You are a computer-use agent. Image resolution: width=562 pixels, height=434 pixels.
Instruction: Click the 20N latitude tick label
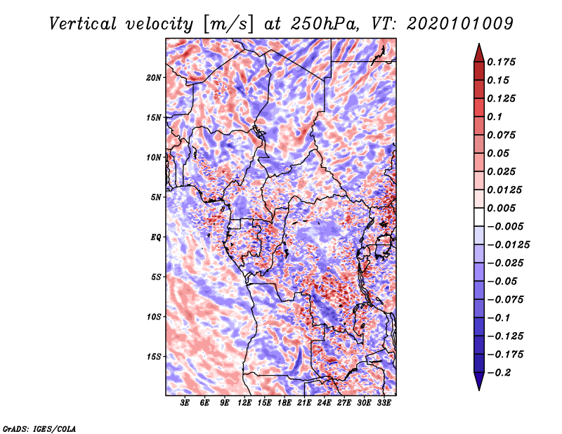pyautogui.click(x=154, y=78)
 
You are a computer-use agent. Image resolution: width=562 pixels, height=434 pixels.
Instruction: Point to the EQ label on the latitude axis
pyautogui.click(x=156, y=237)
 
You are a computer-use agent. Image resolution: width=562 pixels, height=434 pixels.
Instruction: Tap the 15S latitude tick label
pyautogui.click(x=154, y=357)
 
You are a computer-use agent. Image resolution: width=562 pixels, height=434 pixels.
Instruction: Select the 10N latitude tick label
pyautogui.click(x=154, y=157)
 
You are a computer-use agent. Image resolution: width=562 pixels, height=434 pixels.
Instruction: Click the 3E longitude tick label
pyautogui.click(x=185, y=403)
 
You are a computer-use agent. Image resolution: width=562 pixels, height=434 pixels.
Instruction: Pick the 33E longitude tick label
pyautogui.click(x=384, y=403)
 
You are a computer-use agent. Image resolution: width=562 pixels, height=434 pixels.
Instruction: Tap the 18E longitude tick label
pyautogui.click(x=285, y=403)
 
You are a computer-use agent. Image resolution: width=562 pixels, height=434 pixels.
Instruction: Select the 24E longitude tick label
pyautogui.click(x=324, y=403)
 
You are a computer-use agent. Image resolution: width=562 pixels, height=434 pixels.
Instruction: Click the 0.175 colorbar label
pyautogui.click(x=501, y=62)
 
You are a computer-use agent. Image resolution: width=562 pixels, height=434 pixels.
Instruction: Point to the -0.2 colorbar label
pyautogui.click(x=499, y=373)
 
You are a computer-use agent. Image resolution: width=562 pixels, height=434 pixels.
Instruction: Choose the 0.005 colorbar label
pyautogui.click(x=501, y=208)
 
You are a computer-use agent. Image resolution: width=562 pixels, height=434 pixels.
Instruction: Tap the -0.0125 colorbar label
pyautogui.click(x=508, y=245)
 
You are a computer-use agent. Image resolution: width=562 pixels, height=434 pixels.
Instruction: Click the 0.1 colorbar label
pyautogui.click(x=495, y=117)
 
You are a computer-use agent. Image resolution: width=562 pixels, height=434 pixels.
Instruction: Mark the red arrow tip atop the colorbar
pyautogui.click(x=479, y=44)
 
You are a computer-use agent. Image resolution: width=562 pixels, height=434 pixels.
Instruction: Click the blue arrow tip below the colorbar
pyautogui.click(x=479, y=390)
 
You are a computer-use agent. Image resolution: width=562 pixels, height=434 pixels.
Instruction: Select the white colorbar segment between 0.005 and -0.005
pyautogui.click(x=479, y=217)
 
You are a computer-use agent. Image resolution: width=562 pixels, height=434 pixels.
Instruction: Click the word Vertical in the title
pyautogui.click(x=83, y=24)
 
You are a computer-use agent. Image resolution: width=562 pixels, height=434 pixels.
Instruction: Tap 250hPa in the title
pyautogui.click(x=325, y=24)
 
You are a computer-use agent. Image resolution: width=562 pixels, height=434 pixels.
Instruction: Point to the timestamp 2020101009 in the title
pyautogui.click(x=460, y=24)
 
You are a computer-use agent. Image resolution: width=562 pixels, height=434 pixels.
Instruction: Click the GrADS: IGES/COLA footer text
pyautogui.click(x=39, y=429)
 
